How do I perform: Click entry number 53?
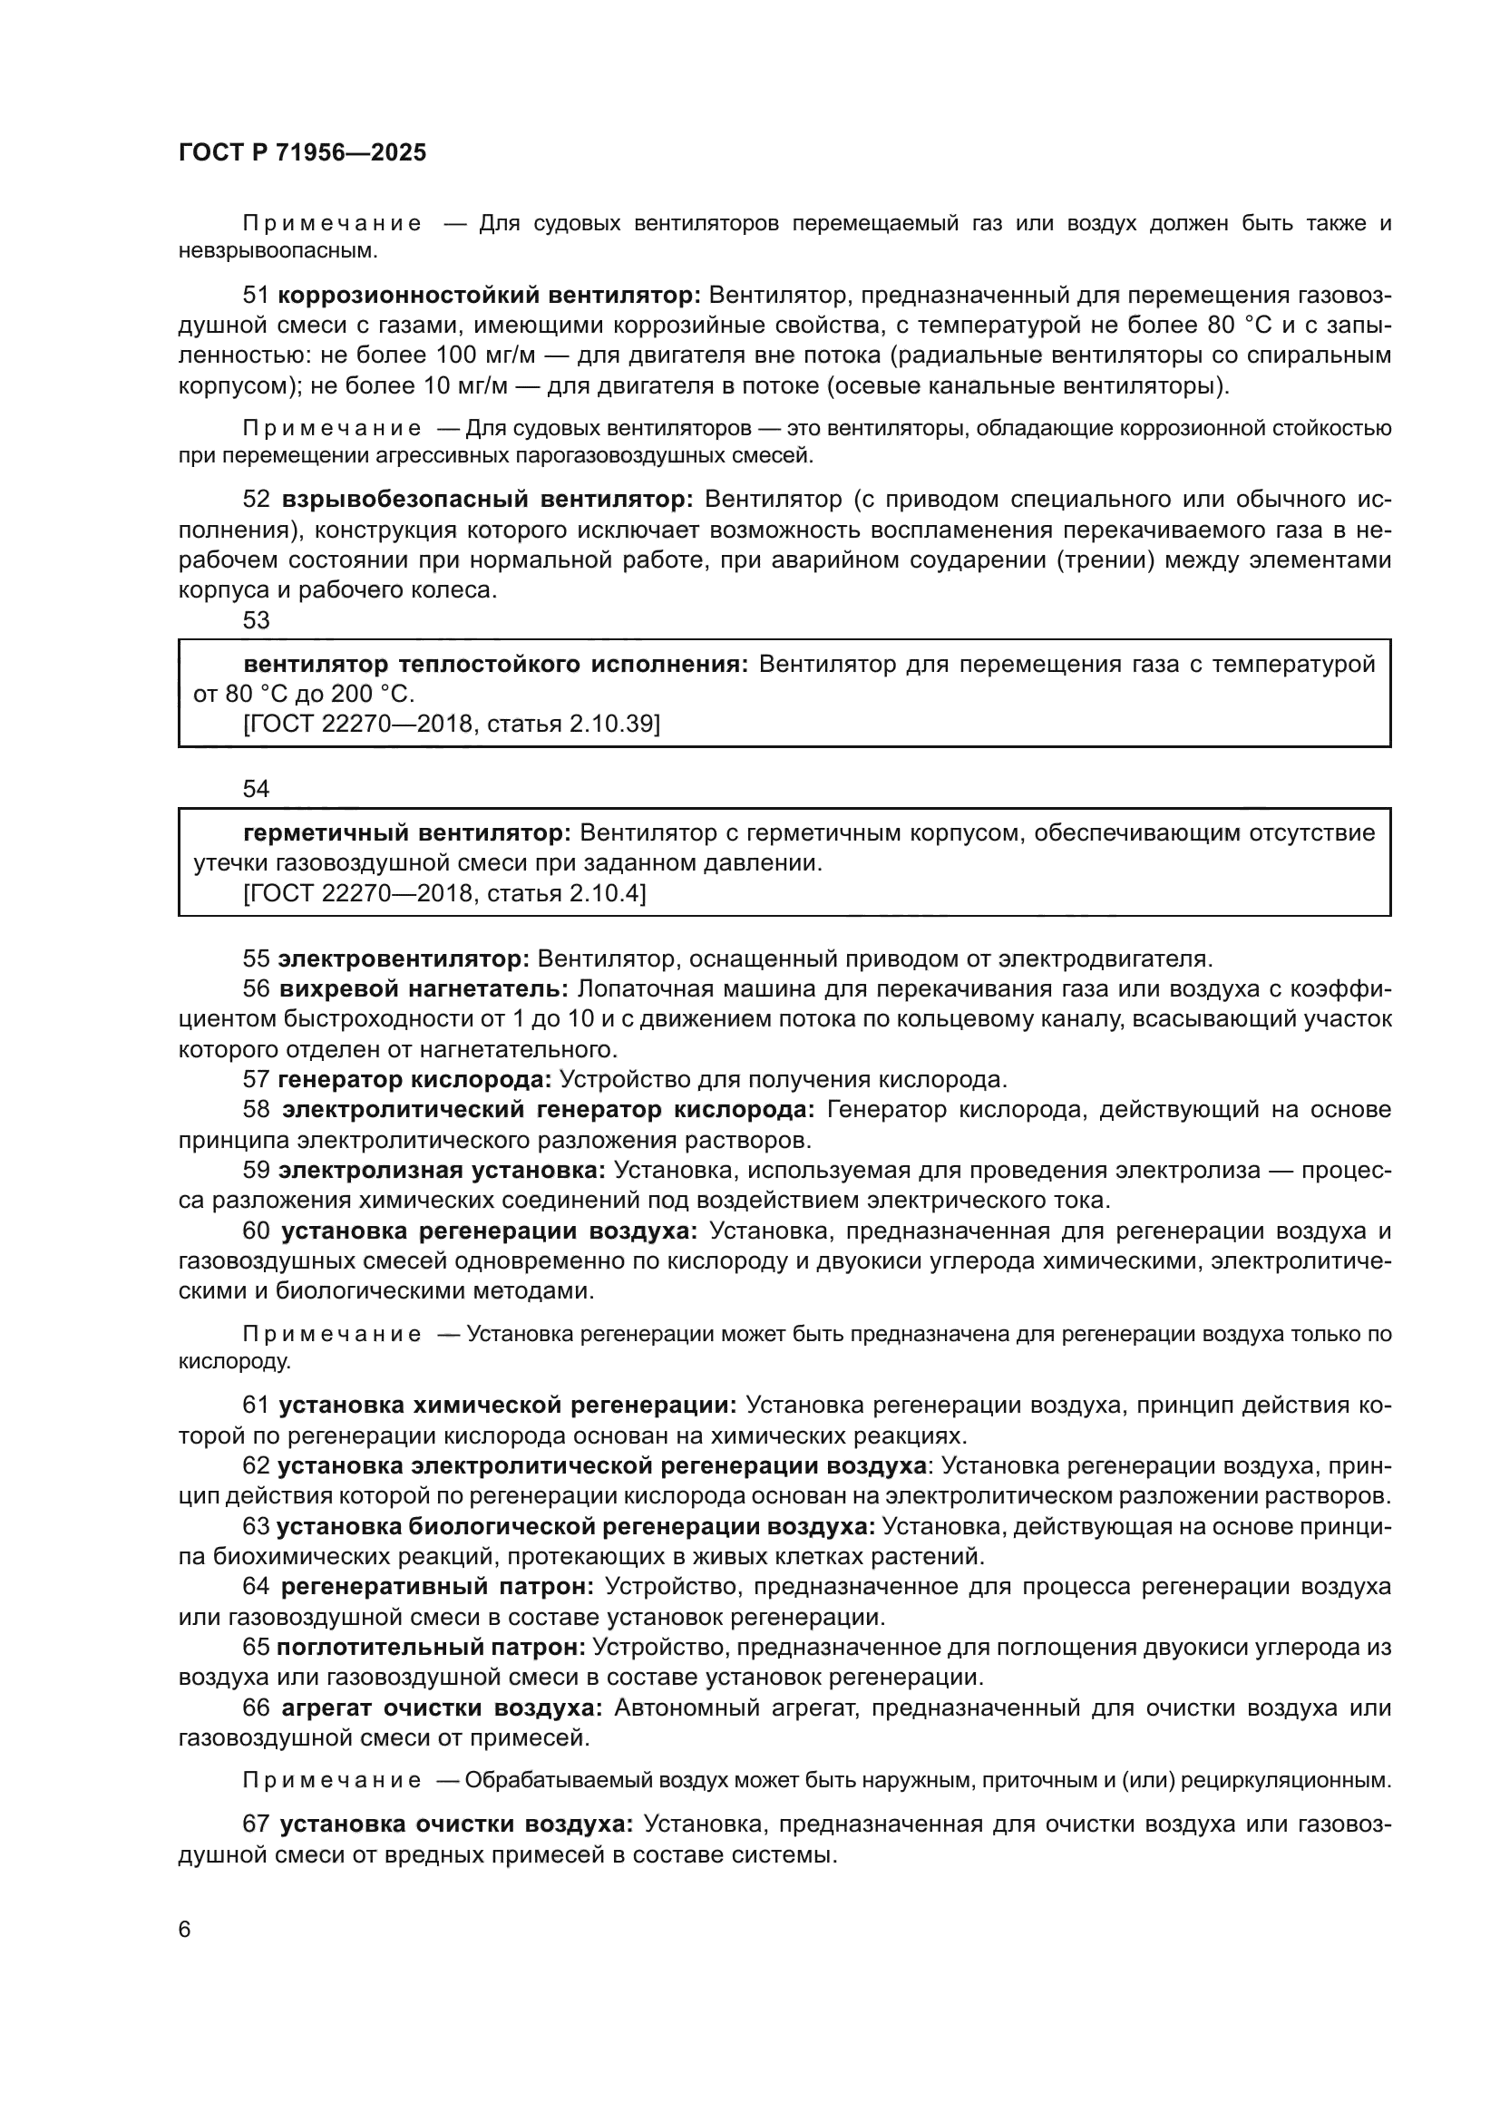[x=256, y=620]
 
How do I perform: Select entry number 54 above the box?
[x=256, y=789]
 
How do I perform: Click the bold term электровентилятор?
[x=403, y=958]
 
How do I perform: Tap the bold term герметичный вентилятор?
[x=407, y=833]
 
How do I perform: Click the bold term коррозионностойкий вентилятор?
[x=489, y=296]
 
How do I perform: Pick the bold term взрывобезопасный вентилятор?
[x=486, y=500]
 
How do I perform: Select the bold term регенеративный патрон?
[x=437, y=1587]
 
